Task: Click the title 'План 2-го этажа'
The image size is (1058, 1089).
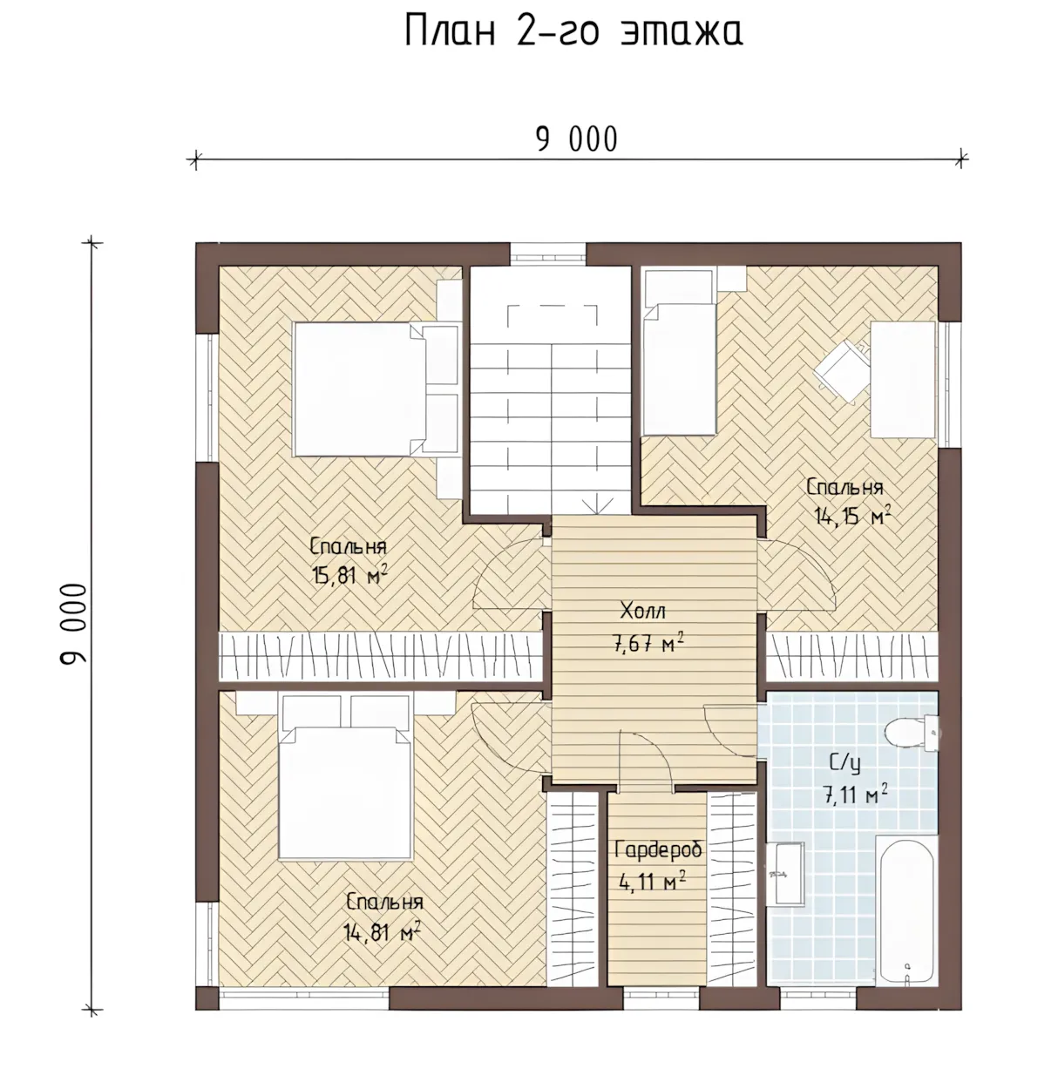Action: pos(573,30)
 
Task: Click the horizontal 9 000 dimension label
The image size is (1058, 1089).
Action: pos(577,139)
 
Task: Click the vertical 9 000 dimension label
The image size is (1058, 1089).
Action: pos(73,624)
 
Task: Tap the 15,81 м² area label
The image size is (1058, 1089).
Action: pos(349,575)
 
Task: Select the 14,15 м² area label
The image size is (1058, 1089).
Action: pos(851,516)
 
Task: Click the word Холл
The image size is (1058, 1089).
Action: pos(642,611)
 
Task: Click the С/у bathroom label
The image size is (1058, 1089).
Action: pos(844,763)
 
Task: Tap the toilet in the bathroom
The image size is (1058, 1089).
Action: pos(912,733)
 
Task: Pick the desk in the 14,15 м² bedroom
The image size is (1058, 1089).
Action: pos(903,380)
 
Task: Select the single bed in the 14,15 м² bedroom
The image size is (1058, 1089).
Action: pos(680,352)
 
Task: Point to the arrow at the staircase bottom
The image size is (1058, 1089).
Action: pos(597,503)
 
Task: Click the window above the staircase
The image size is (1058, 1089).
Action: pos(548,253)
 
